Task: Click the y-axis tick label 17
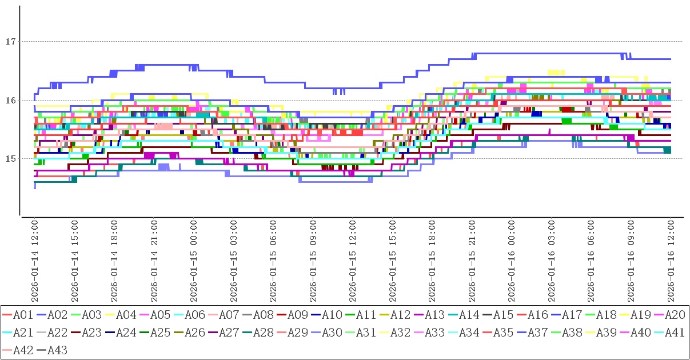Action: (9, 42)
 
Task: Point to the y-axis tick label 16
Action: (9, 101)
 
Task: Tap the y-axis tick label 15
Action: (9, 159)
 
